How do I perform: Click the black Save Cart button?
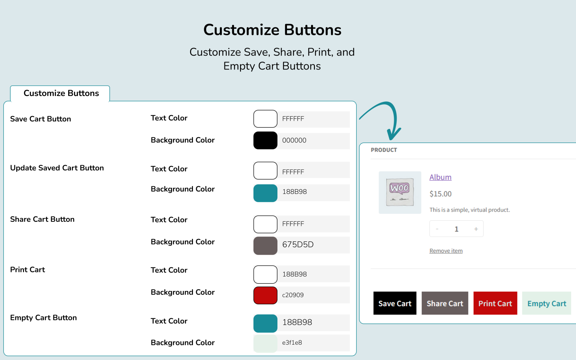[x=395, y=303]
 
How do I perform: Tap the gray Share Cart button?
[x=445, y=303]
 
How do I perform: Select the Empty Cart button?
[x=547, y=303]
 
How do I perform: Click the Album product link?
[x=440, y=177]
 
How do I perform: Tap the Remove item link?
[x=446, y=251]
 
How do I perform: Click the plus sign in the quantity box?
[x=476, y=229]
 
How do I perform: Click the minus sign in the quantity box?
[x=437, y=229]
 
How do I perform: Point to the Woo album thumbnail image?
[x=400, y=192]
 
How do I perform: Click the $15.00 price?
[x=441, y=194]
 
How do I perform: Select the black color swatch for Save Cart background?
[x=265, y=140]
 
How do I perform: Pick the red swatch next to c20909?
[x=265, y=295]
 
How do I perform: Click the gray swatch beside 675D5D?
[x=265, y=246]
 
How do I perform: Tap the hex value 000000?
[x=294, y=140]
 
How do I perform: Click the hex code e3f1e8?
[x=292, y=342]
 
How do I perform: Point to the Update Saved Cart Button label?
[x=57, y=168]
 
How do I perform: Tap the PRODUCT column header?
[x=384, y=150]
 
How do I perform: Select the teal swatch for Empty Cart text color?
[x=265, y=324]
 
